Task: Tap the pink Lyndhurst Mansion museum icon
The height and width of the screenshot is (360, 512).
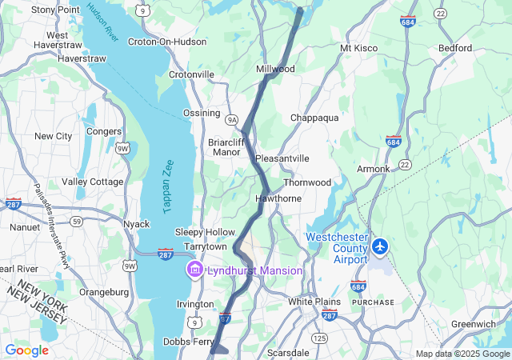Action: (x=194, y=270)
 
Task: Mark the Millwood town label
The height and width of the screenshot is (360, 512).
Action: (x=275, y=69)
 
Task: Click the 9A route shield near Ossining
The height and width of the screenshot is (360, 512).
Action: (x=232, y=119)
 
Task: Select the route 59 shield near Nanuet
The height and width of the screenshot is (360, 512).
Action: (x=76, y=221)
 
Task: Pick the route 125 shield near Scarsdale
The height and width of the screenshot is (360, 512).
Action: (x=320, y=338)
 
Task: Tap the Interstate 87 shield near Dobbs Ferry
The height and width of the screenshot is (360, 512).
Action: (x=225, y=319)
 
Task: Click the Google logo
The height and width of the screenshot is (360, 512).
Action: (x=26, y=350)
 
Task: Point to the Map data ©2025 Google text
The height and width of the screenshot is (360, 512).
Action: (x=462, y=354)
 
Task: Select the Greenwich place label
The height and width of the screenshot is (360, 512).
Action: (x=473, y=324)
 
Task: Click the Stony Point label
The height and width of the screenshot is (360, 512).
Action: (x=55, y=10)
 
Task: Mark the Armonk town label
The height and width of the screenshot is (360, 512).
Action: (x=373, y=169)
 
